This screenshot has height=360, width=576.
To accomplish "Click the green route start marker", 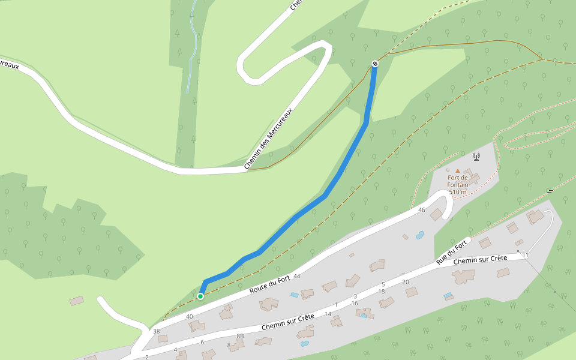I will tap(200, 296).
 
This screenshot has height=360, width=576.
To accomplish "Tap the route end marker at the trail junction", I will tap(375, 64).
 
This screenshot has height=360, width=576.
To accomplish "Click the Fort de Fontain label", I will tap(458, 181).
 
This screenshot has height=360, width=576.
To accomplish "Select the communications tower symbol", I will tap(476, 157).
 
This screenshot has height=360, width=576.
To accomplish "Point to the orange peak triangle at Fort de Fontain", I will tap(457, 171).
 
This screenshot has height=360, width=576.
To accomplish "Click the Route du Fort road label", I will tap(269, 284).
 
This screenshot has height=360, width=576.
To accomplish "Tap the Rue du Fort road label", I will tap(452, 253).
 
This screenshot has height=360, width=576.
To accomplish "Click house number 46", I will tap(421, 210).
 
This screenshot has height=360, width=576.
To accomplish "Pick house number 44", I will tap(296, 276).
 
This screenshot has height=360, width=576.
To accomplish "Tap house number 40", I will tap(190, 316).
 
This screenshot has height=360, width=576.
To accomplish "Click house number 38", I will tap(157, 331).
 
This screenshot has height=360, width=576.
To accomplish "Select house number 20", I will tap(405, 282).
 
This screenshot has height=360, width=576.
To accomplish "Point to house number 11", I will tap(525, 256).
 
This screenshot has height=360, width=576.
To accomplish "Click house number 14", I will tap(328, 314).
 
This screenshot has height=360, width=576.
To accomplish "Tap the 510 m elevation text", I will tap(458, 192).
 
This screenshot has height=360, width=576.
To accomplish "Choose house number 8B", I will tap(240, 336).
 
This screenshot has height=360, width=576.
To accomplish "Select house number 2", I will tap(147, 357).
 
